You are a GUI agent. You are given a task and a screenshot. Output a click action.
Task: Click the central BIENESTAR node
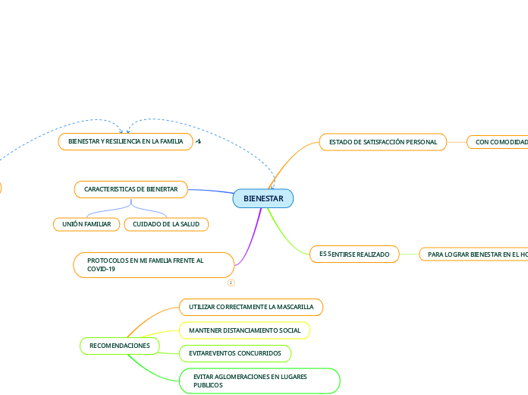[x=263, y=199]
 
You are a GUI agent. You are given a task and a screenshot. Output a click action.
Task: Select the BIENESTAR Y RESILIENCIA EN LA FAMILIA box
[x=126, y=141]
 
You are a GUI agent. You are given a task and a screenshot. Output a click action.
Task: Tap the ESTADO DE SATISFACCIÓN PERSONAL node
[x=382, y=142]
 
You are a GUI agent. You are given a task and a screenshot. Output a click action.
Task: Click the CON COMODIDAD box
[x=498, y=142]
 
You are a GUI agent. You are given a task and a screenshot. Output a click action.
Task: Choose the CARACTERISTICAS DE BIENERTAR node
[x=130, y=188]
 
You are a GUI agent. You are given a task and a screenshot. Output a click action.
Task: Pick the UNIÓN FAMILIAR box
[x=86, y=224]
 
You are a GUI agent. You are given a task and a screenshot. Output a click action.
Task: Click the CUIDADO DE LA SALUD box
[x=166, y=224]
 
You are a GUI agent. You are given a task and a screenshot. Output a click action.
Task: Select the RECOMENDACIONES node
[x=120, y=346]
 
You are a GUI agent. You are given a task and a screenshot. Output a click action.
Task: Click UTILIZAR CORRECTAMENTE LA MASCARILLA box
[x=251, y=307]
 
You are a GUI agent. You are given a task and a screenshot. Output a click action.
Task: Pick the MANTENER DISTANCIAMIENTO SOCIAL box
[x=244, y=330]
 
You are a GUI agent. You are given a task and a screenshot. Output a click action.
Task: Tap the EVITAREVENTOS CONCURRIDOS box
[x=234, y=353]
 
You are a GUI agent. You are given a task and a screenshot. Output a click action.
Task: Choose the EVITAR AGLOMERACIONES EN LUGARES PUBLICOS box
[x=259, y=381]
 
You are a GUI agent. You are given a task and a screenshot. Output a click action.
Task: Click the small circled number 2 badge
[x=231, y=283]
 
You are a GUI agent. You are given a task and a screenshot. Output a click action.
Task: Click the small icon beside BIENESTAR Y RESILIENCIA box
[x=198, y=141]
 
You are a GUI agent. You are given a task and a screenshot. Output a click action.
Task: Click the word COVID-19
[x=101, y=269]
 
